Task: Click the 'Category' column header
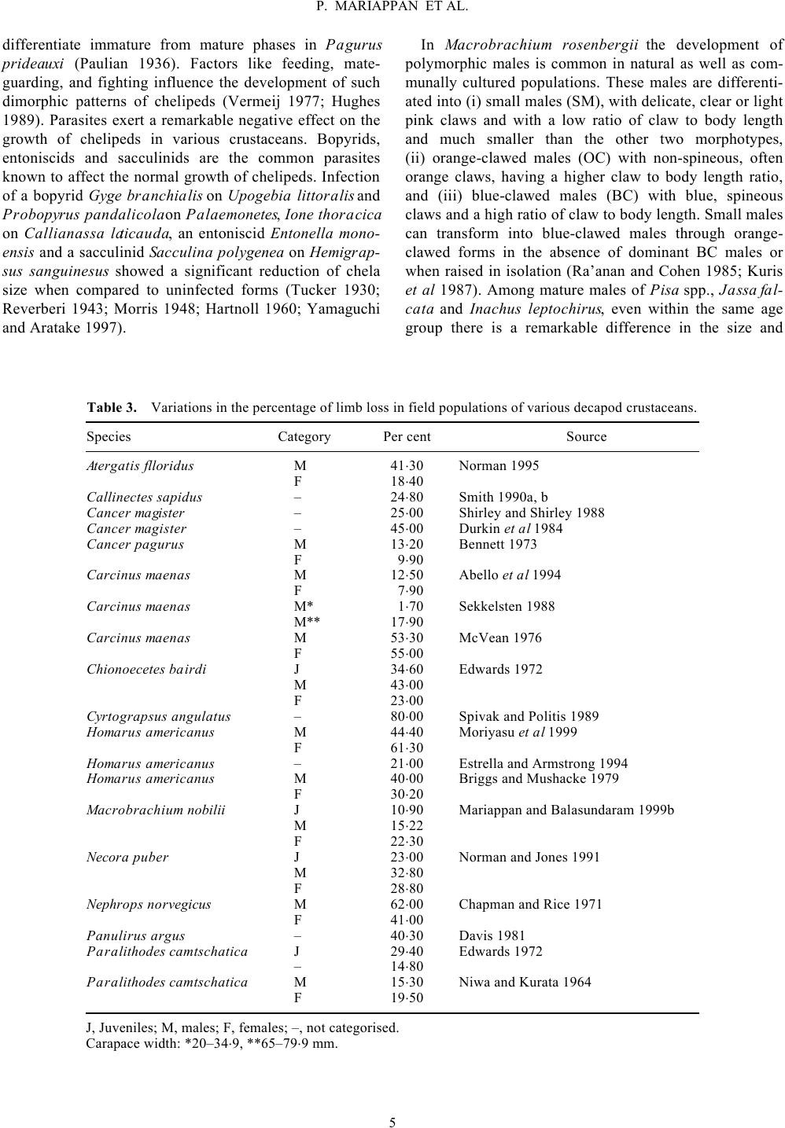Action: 304,436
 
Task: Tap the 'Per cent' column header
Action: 407,436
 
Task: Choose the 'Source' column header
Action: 586,436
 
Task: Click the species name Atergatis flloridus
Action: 140,465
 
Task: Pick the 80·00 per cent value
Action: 407,716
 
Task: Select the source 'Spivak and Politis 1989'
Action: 529,716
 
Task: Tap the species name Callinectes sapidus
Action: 144,497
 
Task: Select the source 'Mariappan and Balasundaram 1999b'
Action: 566,810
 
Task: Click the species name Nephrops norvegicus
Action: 149,904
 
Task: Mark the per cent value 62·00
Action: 407,904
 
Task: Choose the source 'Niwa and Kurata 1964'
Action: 525,982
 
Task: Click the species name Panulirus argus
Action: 135,935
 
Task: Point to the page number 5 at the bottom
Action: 392,1122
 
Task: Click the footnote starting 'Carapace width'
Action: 211,1044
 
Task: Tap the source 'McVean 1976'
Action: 500,637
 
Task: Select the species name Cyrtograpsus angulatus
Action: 158,716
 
